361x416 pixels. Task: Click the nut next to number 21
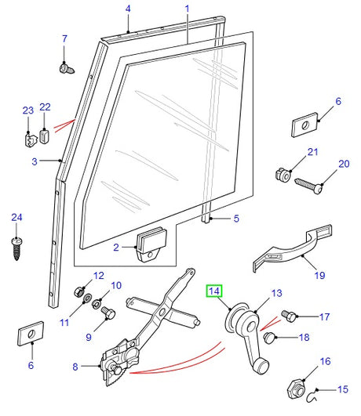283,173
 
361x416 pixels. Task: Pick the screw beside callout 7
66,69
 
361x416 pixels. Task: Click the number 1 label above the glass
188,9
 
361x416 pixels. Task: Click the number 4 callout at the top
128,9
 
